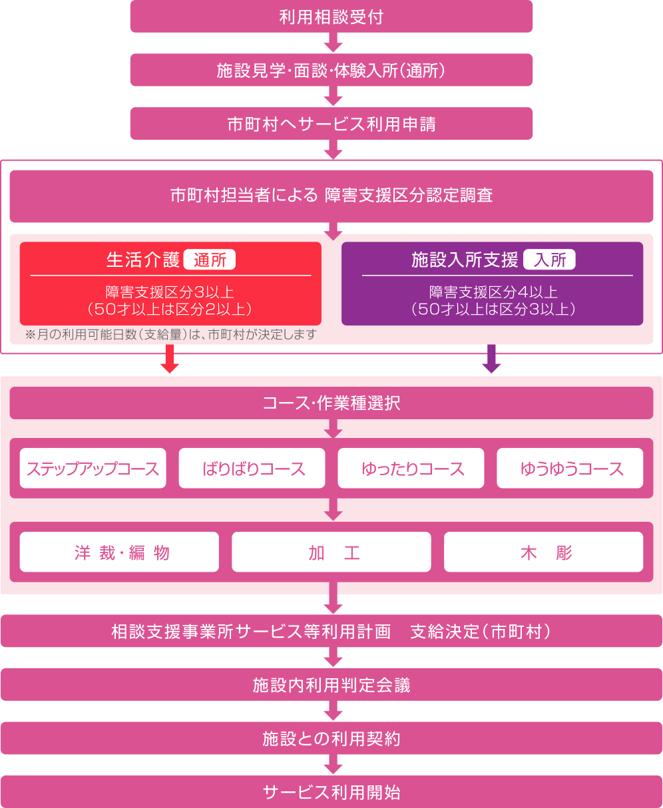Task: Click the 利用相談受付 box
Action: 331,17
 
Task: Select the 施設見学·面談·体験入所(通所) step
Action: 331,70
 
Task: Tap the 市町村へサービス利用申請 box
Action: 331,123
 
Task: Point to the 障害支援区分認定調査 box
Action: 331,196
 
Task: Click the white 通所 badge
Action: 209,260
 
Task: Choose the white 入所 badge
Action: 549,260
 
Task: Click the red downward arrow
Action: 169,359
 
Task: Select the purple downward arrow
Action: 491,359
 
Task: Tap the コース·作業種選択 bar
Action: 331,403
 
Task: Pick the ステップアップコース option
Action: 93,468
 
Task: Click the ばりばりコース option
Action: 252,468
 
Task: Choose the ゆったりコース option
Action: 411,468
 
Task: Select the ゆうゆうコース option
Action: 570,468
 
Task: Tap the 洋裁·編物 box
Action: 119,552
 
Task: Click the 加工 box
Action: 331,552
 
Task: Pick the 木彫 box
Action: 543,552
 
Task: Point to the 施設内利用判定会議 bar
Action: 331,685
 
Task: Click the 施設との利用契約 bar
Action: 331,738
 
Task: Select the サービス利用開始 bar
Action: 331,791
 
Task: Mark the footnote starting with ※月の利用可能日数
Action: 171,335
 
